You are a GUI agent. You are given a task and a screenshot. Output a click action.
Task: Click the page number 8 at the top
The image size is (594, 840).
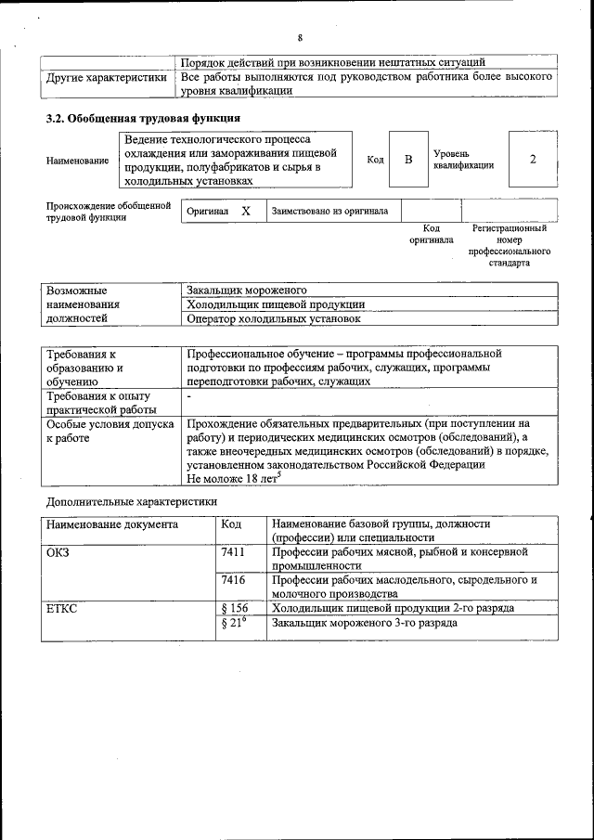coord(300,38)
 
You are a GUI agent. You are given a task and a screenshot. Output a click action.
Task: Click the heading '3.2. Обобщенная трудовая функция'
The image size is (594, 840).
coord(144,119)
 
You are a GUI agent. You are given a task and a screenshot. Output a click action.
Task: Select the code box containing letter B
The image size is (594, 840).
coord(407,160)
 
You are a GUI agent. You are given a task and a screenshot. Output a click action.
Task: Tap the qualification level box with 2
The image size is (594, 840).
coord(533,160)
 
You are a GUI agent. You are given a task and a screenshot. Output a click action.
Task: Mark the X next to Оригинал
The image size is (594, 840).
coord(246,211)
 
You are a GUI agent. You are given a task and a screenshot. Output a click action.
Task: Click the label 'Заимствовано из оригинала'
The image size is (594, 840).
coord(329,212)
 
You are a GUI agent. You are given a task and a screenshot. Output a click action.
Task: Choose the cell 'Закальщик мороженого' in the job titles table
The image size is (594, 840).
coord(246,291)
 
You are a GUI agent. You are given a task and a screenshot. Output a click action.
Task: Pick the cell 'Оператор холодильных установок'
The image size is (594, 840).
coord(274,318)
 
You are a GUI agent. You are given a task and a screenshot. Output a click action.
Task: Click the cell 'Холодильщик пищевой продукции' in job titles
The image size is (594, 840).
coord(275,304)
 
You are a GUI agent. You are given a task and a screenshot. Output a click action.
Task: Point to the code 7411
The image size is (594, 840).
coord(234,551)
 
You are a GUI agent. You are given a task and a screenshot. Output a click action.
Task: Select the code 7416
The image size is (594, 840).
coord(234,579)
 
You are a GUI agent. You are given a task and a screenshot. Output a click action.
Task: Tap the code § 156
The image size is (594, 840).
coord(236,608)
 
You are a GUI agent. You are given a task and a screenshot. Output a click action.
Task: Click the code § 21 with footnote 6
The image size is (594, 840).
coord(234,623)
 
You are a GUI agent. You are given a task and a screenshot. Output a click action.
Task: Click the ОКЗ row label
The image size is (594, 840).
coord(58,551)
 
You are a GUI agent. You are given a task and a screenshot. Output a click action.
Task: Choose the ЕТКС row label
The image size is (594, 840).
coord(62,608)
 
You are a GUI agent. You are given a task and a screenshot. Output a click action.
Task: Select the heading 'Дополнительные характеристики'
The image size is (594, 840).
coord(132,501)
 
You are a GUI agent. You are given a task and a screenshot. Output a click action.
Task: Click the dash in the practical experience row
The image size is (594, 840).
coord(189,396)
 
